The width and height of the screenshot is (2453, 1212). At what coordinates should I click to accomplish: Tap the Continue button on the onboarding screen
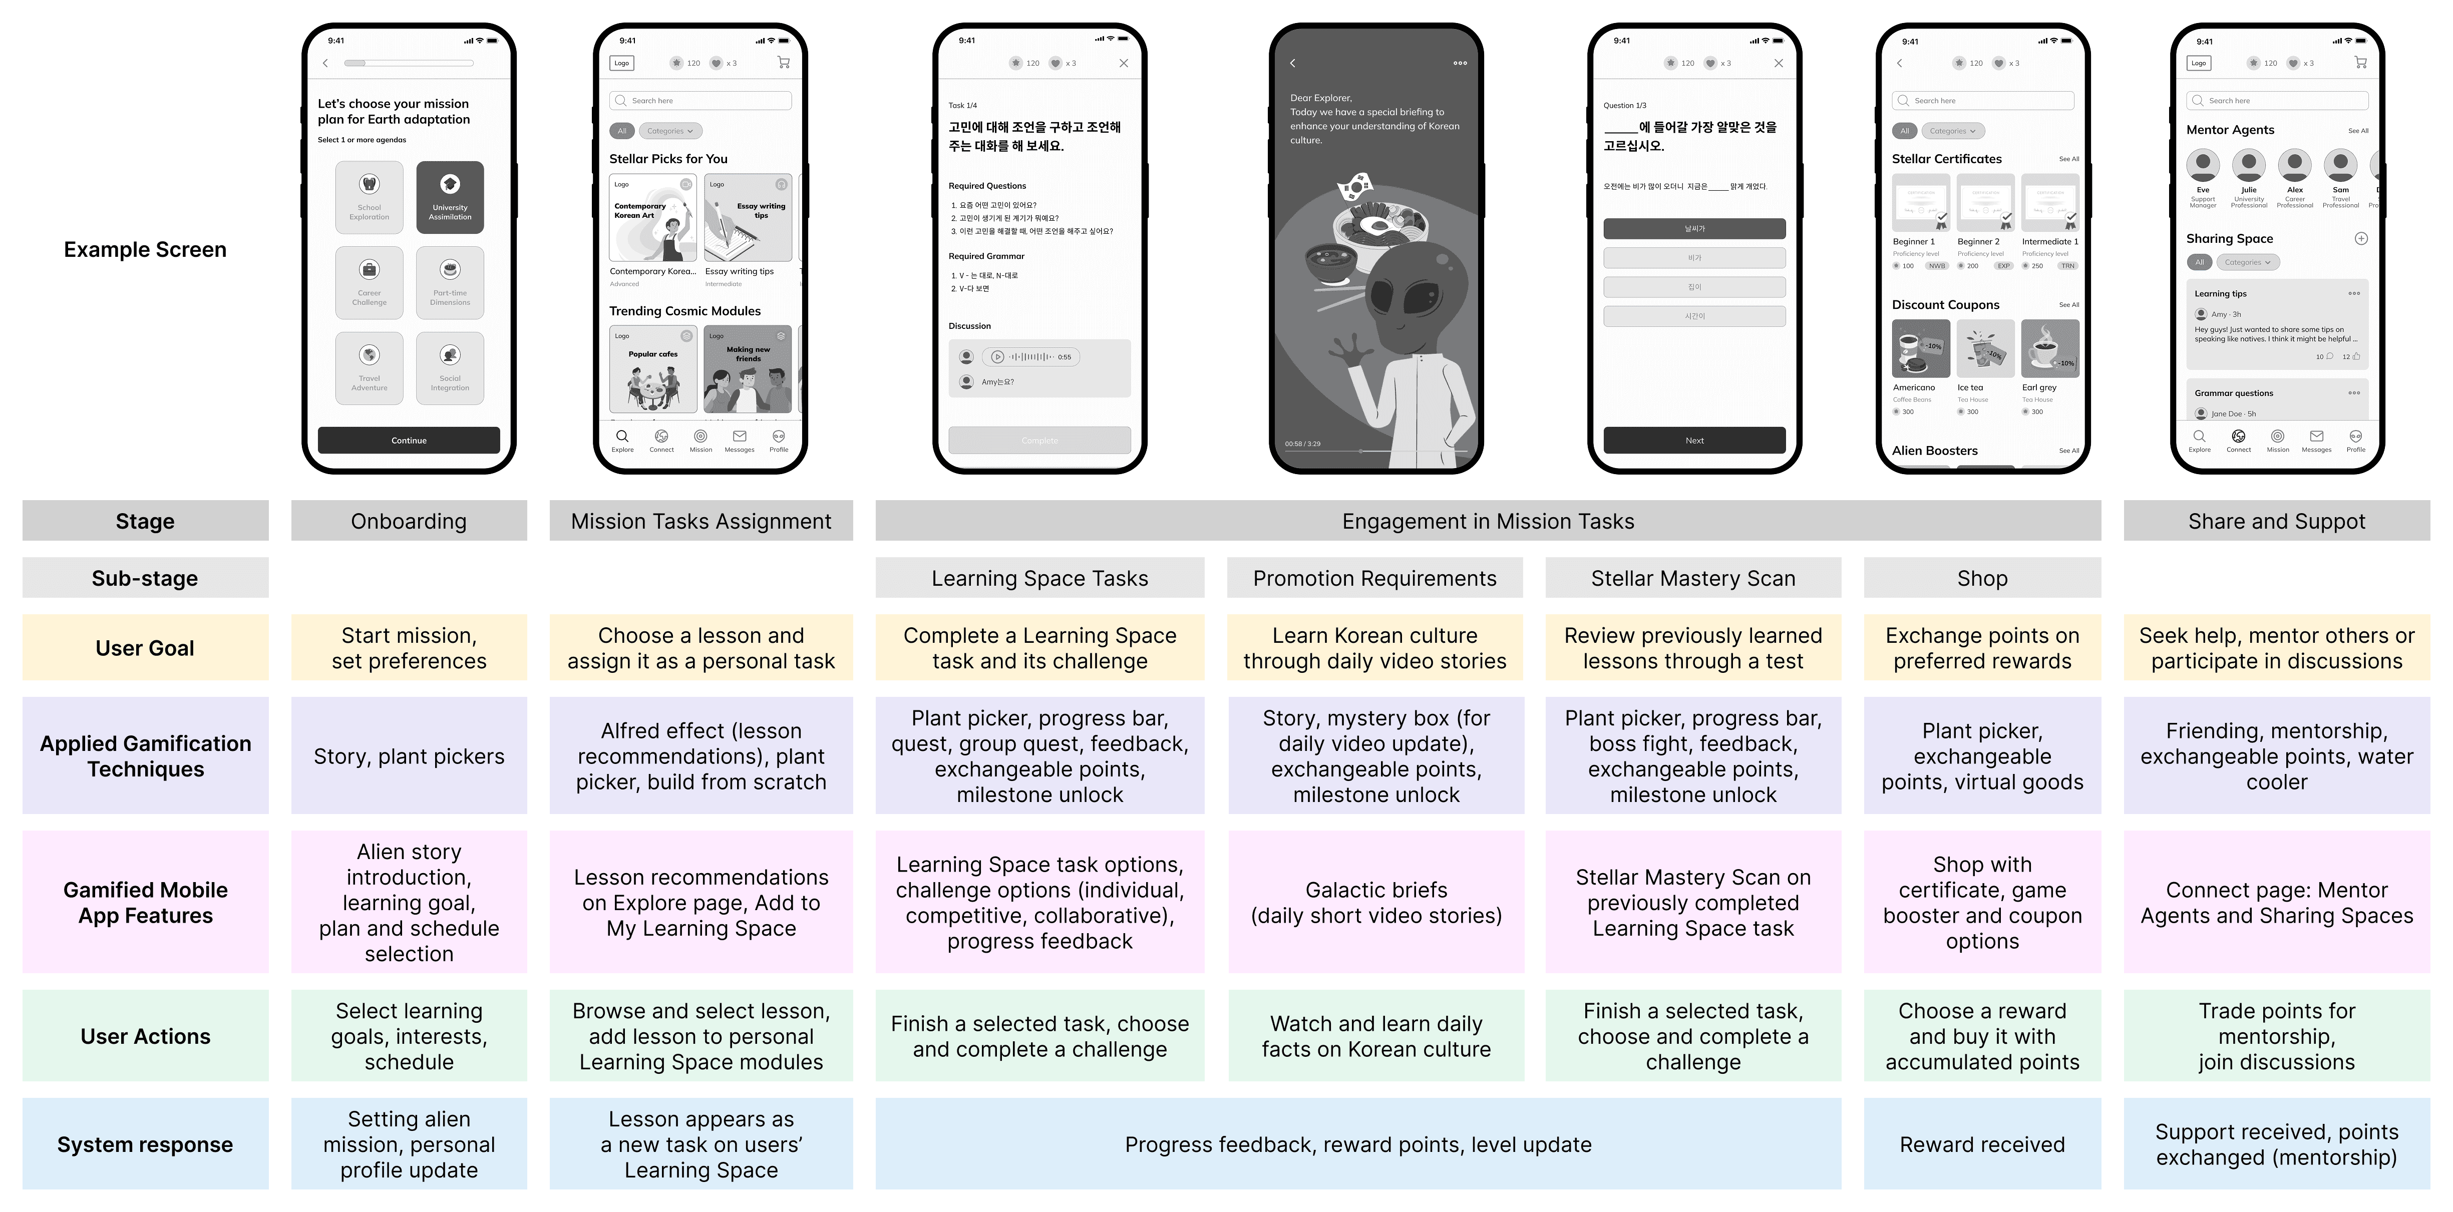409,440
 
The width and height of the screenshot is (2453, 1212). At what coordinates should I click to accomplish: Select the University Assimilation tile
450,197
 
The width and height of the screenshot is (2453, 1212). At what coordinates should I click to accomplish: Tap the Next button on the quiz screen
1694,440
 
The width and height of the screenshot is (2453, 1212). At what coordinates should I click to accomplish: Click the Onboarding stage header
409,521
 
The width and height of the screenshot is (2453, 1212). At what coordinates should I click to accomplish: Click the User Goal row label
145,647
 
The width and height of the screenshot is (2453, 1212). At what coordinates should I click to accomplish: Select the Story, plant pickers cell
409,756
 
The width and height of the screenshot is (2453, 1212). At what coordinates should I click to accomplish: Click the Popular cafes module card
653,369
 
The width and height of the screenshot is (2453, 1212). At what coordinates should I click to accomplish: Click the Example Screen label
145,249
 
